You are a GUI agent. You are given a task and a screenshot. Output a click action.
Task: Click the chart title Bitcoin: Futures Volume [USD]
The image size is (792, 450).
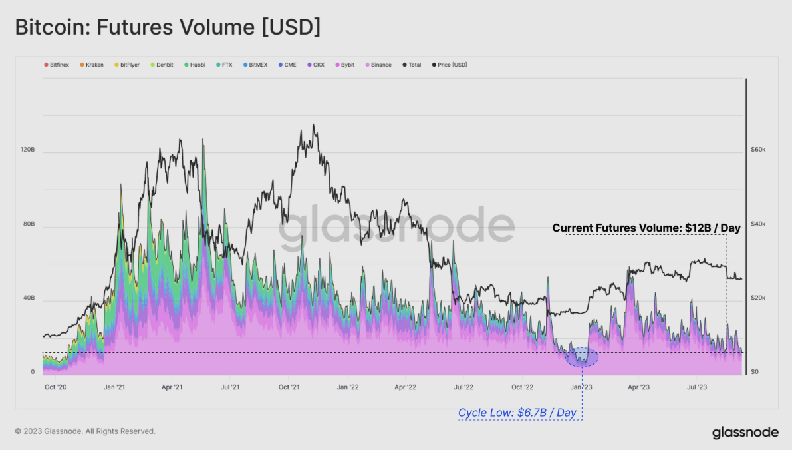tap(168, 28)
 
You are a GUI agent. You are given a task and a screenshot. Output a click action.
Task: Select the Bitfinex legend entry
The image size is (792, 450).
tap(57, 65)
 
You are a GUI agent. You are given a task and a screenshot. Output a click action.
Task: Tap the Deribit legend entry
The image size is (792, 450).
tap(162, 65)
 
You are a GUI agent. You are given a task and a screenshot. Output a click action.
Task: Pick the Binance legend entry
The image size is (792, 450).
tap(378, 65)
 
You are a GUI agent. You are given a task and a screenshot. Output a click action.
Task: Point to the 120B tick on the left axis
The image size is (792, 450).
tap(27, 150)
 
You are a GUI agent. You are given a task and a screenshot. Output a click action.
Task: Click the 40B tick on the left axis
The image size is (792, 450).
tap(27, 298)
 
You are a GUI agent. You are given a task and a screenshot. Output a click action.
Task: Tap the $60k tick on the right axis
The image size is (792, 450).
tap(759, 150)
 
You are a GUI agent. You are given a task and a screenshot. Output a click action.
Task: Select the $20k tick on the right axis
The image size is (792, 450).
tap(759, 298)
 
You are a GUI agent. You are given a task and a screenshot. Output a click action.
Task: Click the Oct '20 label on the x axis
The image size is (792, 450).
tap(55, 386)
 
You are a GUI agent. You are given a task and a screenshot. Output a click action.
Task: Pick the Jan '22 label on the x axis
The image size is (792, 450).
tap(348, 386)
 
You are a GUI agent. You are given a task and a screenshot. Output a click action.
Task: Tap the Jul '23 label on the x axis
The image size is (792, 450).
tap(696, 386)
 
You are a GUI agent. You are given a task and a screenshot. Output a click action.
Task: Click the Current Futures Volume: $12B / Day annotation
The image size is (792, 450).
tap(646, 228)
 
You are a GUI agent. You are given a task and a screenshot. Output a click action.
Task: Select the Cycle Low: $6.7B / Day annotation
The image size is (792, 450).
tap(517, 413)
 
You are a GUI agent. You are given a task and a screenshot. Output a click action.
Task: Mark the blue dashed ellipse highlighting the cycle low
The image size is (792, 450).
tap(582, 357)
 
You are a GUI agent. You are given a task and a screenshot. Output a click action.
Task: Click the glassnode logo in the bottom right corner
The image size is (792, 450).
tap(745, 433)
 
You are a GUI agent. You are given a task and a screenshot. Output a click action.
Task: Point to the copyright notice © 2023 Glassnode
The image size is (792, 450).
tap(85, 431)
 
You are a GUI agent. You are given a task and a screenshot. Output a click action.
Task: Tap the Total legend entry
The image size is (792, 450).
tap(412, 65)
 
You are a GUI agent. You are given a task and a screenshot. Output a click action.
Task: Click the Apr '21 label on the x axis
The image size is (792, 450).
tap(172, 386)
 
